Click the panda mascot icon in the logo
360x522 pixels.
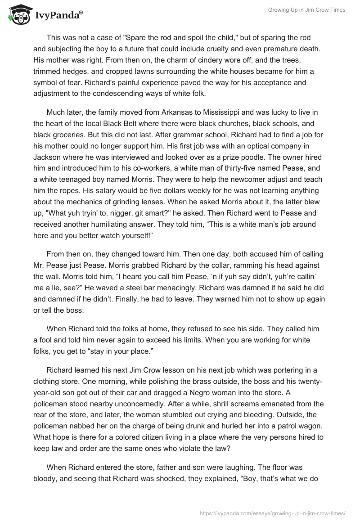(x=18, y=15)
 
